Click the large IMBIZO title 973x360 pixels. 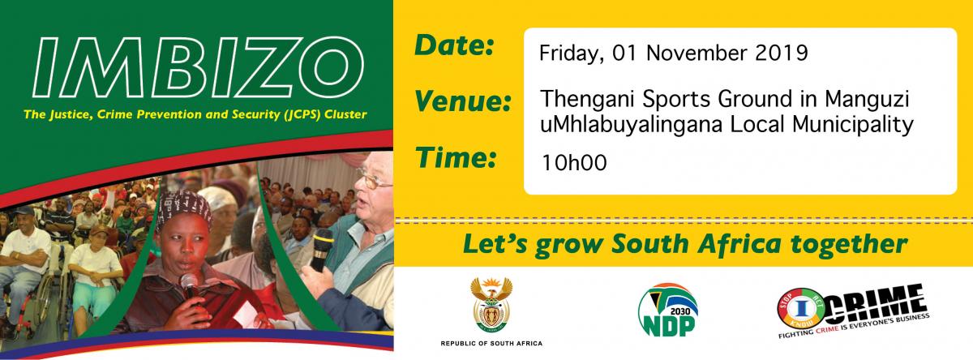[x=198, y=68]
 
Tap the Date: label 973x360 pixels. [x=454, y=46]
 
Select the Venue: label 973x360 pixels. [x=462, y=102]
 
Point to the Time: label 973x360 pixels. [x=456, y=157]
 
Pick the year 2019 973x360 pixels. [x=782, y=53]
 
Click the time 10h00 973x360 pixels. [x=574, y=163]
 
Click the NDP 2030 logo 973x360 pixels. [x=668, y=310]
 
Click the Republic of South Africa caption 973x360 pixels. [x=491, y=344]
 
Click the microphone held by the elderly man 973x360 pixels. [x=322, y=247]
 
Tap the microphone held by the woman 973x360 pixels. [x=189, y=286]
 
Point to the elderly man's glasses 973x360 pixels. [x=373, y=182]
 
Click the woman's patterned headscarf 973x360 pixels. [x=185, y=208]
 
